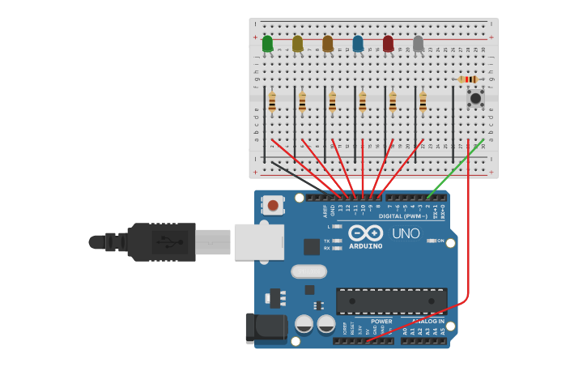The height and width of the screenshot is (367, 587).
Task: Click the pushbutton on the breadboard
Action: pos(475,98)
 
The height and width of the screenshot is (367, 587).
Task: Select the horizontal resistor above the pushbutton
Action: pos(467,79)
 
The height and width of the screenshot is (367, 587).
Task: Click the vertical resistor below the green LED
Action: pos(272,102)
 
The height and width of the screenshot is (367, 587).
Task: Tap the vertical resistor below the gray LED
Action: pos(423,102)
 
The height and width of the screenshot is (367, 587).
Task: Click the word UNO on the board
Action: pos(406,233)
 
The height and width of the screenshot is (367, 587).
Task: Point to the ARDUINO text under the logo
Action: pos(365,245)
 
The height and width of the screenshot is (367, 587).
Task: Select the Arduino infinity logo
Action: pos(365,233)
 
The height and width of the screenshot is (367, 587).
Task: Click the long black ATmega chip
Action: pos(391,301)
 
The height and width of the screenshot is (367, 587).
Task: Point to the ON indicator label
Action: pos(440,241)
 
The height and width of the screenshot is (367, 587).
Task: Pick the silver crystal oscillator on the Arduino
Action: pos(308,271)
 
